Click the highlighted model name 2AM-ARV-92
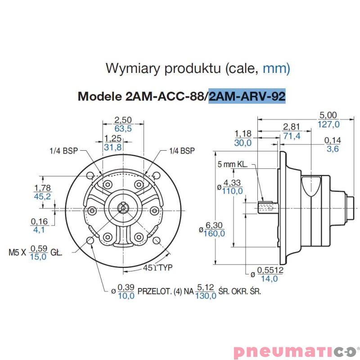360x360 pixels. (x=247, y=96)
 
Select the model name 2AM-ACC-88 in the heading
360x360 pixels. (x=167, y=96)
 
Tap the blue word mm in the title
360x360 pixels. (x=276, y=68)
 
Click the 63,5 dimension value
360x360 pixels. (x=123, y=129)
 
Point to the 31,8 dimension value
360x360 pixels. (x=112, y=147)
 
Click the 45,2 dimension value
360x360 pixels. (x=43, y=197)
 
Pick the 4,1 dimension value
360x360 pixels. (x=39, y=229)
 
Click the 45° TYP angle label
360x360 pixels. (x=158, y=268)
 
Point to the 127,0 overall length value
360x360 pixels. (x=329, y=124)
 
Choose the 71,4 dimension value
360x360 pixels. (x=292, y=136)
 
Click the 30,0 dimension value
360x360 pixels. (x=243, y=143)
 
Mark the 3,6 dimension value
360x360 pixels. (x=333, y=149)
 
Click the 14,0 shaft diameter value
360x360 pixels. (x=270, y=279)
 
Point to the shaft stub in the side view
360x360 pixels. (x=269, y=208)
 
